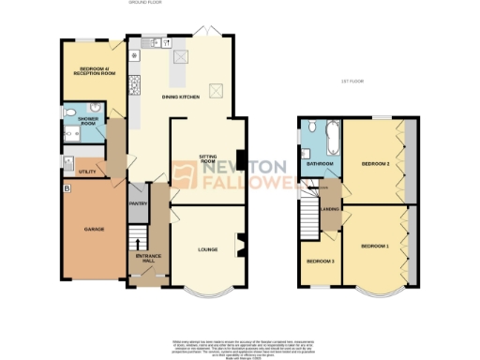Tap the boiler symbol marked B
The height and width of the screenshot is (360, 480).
(x=65, y=188)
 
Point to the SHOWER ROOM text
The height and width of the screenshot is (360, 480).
(x=88, y=121)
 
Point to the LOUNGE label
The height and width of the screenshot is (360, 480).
(x=208, y=249)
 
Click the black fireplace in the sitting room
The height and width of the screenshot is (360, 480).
(x=242, y=160)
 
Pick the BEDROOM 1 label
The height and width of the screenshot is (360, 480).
(x=374, y=246)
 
